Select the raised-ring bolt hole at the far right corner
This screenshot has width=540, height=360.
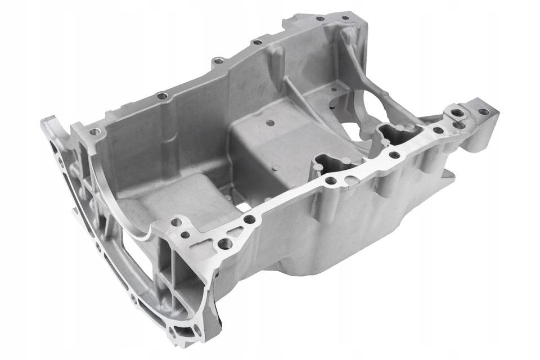458,113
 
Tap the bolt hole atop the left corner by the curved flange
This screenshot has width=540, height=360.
94,132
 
